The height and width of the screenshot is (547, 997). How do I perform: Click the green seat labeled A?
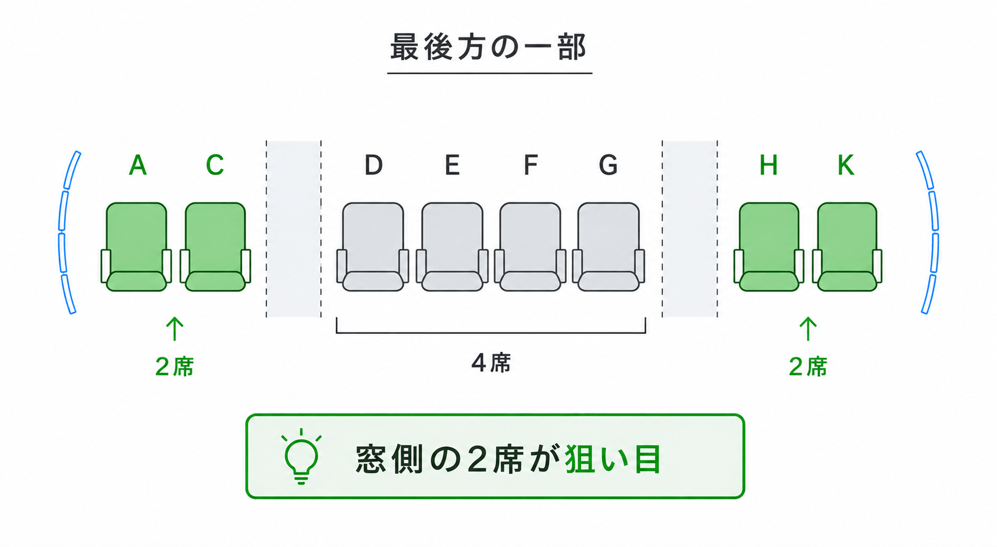pos(136,247)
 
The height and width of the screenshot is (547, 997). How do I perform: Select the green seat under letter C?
pos(216,247)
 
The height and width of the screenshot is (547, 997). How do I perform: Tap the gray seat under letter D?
pos(373,247)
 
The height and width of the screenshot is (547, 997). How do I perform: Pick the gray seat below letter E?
pos(452,247)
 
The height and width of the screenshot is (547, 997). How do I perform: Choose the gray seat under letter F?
pos(530,247)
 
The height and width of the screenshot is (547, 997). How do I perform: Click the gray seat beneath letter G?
pos(609,247)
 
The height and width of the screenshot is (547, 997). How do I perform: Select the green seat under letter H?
pos(769,247)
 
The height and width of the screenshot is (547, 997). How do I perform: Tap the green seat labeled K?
pos(847,247)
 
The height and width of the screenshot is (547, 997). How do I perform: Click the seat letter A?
pos(137,165)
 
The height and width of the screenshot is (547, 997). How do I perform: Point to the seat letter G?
pos(608,165)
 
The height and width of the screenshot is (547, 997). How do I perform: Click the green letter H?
pos(769,165)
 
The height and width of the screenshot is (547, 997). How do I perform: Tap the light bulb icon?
pos(301,456)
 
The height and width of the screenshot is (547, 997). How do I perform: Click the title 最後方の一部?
pos(488,47)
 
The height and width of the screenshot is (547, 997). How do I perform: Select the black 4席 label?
pos(491,363)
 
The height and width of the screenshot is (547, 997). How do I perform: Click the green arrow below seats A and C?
pos(174,329)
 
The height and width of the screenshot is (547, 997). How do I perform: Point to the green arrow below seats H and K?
pos(808,329)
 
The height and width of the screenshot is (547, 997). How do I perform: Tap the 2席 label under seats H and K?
pos(808,367)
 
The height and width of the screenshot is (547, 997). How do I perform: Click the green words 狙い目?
pos(613,459)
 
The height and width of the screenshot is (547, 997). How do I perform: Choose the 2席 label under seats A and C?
pos(174,367)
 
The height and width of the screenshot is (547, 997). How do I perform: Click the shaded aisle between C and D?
pos(294,229)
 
